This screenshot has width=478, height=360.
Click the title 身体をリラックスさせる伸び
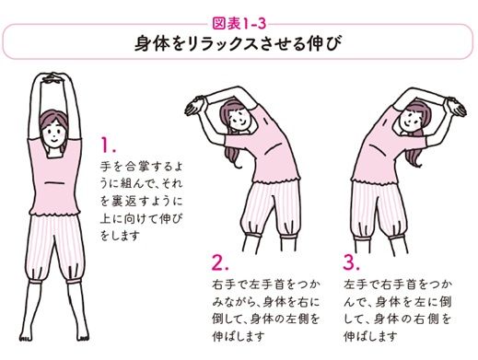click(238, 42)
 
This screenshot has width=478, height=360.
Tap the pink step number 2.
click(220, 261)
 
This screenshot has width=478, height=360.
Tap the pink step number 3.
click(353, 261)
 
